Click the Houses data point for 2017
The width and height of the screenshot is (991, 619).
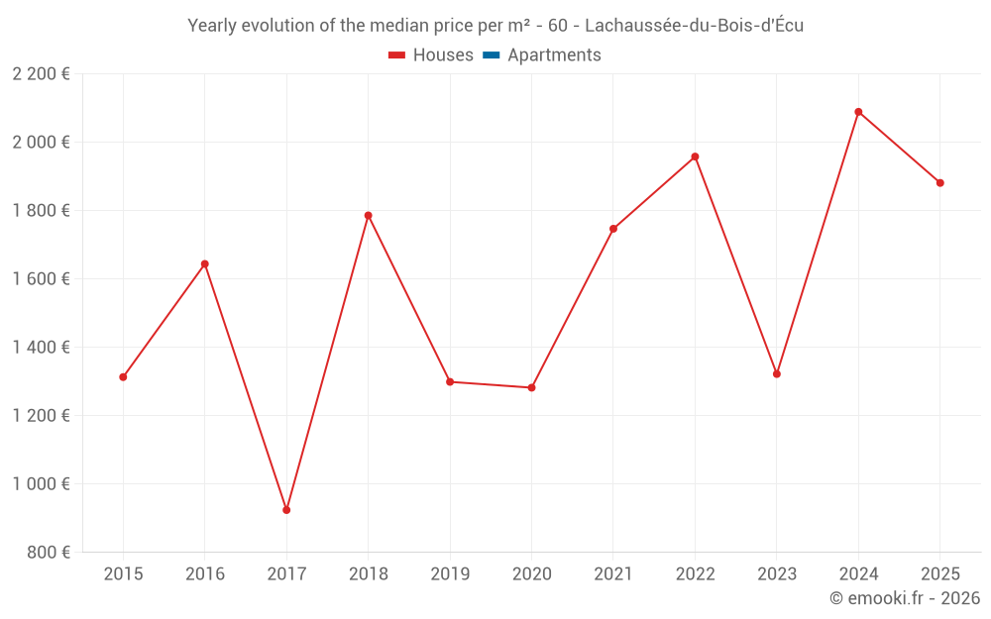point(286,510)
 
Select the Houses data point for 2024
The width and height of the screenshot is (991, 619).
point(858,112)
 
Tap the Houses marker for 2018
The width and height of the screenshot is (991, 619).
point(368,215)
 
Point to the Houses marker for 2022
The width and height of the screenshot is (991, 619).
point(695,156)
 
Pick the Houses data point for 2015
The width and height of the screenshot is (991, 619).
point(123,377)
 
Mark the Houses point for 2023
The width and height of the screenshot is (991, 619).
point(777,374)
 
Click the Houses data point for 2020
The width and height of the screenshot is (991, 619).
point(531,387)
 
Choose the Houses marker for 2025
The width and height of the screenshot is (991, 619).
point(940,183)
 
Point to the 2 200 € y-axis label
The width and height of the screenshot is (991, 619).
point(41,74)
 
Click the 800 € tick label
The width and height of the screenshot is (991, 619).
point(50,553)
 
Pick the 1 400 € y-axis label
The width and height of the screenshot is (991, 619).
point(41,348)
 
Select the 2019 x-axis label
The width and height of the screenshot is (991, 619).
point(450,574)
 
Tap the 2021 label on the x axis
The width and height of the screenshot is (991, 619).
point(613,574)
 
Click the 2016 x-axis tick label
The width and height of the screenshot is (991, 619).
point(205,574)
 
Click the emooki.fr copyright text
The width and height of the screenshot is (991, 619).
point(905,598)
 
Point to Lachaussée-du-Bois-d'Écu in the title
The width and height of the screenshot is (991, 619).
point(695,26)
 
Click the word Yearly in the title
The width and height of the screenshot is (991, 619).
point(213,26)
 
